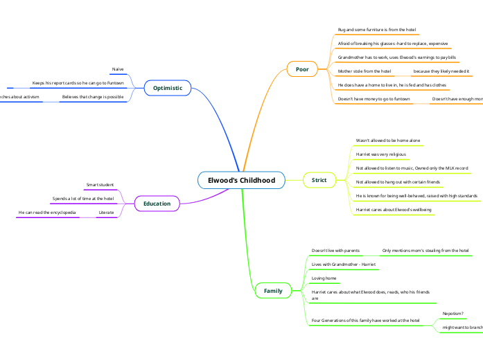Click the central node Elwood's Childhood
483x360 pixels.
(241, 181)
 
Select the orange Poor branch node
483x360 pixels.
(302, 69)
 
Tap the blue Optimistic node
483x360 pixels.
(167, 88)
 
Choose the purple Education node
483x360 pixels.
(157, 204)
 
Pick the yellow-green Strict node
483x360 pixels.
(319, 181)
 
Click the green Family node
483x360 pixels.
(273, 291)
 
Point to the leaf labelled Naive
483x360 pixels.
(118, 69)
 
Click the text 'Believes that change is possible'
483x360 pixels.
(92, 97)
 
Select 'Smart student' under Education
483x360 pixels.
(100, 185)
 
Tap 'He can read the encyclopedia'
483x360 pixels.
(47, 212)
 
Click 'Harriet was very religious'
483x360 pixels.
(380, 154)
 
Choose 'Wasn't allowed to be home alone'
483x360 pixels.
(387, 141)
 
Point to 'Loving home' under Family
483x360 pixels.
(324, 278)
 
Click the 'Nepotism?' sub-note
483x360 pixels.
(453, 314)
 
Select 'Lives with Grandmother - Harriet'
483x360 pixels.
(343, 264)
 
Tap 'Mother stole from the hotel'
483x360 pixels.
(365, 71)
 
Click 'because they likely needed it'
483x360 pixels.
(441, 71)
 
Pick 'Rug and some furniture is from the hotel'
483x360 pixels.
(377, 30)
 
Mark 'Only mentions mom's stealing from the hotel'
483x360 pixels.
(425, 250)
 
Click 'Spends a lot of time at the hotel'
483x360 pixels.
(83, 199)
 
